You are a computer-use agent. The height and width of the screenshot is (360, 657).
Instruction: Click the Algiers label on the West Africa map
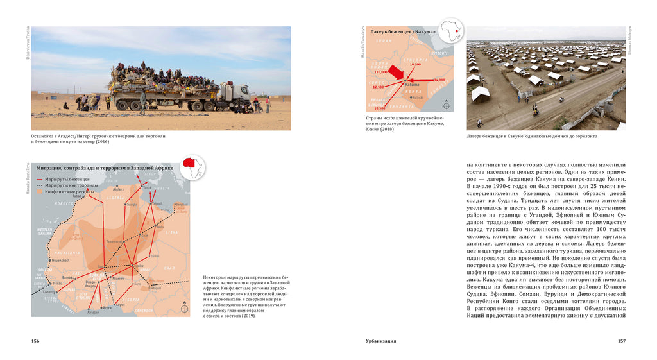click(118, 189)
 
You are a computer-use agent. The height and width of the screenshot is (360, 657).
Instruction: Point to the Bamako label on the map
click(69, 277)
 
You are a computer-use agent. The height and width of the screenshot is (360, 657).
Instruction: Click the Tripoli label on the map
click(157, 204)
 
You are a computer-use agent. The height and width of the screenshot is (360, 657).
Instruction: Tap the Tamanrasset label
click(115, 241)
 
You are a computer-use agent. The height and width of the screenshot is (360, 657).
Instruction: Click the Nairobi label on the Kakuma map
click(418, 97)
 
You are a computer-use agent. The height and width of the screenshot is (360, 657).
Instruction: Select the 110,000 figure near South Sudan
click(380, 72)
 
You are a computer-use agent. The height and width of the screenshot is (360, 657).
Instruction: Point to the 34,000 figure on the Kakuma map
click(439, 80)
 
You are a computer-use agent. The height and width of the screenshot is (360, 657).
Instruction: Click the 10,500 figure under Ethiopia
click(415, 64)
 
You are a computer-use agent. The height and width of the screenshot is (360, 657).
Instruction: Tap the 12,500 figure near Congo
click(378, 87)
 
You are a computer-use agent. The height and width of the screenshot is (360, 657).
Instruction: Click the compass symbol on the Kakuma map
click(448, 106)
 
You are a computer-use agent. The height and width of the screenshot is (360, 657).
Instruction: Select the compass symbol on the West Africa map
click(185, 309)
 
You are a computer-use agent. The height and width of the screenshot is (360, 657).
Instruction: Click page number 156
click(35, 341)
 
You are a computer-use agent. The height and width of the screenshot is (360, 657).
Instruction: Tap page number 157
click(621, 341)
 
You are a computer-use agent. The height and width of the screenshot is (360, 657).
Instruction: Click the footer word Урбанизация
click(376, 341)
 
